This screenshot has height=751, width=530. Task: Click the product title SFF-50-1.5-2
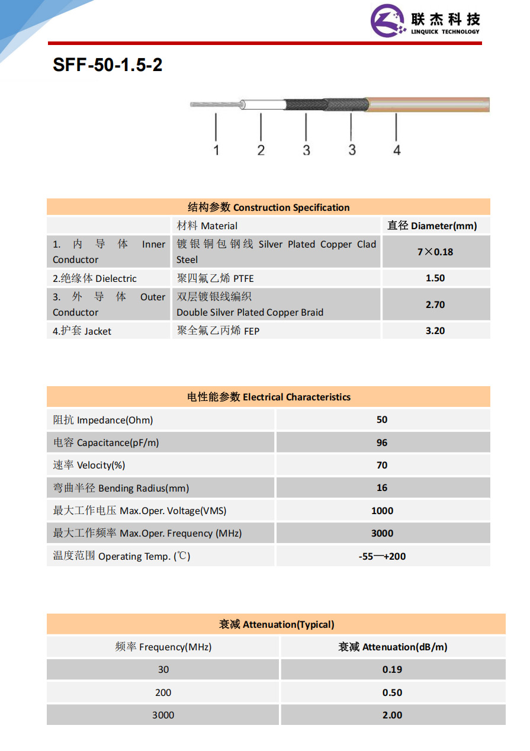(107, 65)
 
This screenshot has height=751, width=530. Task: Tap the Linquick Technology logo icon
(388, 21)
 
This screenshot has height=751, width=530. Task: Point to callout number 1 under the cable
(216, 150)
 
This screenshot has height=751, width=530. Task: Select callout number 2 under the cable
(261, 150)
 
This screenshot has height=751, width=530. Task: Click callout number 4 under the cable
(397, 150)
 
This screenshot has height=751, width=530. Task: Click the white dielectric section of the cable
(264, 105)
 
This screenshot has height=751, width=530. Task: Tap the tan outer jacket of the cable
(426, 105)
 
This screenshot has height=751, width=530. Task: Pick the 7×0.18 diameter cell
(435, 252)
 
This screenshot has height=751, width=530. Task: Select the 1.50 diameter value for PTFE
(435, 278)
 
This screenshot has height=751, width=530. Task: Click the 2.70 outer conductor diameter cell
(435, 305)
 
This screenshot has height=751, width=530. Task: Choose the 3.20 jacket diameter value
(435, 331)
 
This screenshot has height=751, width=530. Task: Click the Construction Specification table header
(268, 207)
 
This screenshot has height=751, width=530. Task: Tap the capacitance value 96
(382, 442)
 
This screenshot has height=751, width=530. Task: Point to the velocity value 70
(382, 466)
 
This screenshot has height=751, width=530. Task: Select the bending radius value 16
(382, 488)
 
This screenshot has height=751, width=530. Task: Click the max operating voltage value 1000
(382, 511)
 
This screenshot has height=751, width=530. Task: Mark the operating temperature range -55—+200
(382, 556)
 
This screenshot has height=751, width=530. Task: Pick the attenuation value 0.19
(392, 670)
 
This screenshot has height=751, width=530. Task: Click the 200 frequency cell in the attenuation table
(163, 692)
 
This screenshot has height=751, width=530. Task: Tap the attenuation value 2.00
(392, 715)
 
